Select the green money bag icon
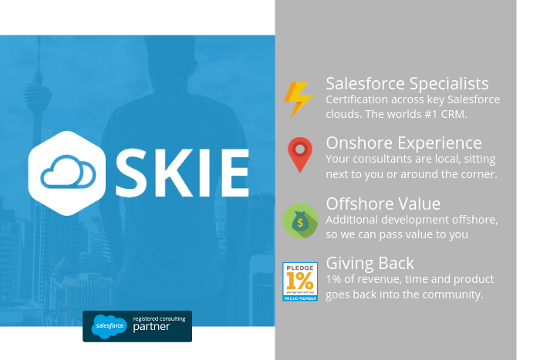(299, 220)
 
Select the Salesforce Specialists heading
(407, 83)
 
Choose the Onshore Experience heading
(403, 143)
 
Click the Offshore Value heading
(383, 204)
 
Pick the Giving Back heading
(370, 263)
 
